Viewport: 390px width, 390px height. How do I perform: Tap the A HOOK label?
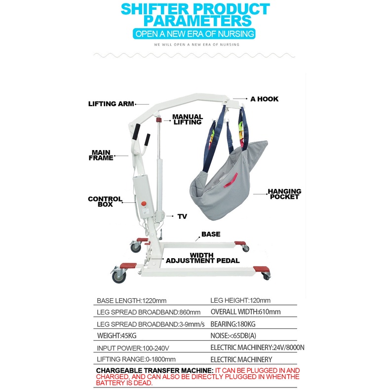coord(264,99)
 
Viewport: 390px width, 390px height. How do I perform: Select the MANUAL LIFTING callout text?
coord(187,119)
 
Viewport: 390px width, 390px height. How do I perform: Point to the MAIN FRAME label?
coord(102,155)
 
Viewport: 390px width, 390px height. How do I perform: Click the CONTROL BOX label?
coord(105,201)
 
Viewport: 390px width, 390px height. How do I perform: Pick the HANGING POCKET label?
coord(284,194)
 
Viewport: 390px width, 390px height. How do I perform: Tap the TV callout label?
coord(182,216)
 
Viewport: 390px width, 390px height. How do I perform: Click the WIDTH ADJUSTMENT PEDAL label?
coord(202,258)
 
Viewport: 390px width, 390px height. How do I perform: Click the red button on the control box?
coord(145,203)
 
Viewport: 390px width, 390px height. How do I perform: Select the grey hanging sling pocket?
coord(227,178)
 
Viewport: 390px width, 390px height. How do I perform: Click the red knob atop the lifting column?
coord(159,120)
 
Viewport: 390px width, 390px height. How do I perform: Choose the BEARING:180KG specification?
coord(234,324)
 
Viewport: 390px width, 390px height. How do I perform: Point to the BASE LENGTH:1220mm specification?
coord(131,300)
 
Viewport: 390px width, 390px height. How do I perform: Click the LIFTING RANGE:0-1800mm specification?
coord(136,359)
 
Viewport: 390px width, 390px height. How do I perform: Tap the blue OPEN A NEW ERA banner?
coord(195,34)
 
